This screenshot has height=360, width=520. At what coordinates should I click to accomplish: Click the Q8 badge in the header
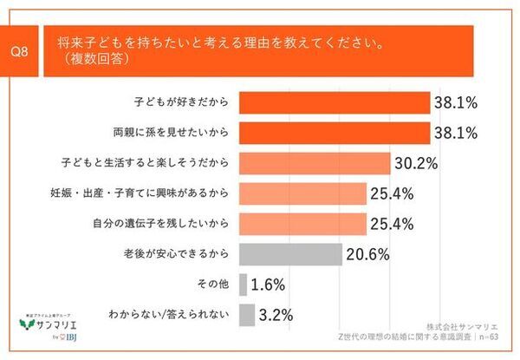coord(25,50)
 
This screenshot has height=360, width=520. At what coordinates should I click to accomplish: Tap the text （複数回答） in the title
coord(98,59)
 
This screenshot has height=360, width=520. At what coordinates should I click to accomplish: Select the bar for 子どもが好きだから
coord(333,102)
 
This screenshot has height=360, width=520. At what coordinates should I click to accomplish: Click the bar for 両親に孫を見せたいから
coord(333,133)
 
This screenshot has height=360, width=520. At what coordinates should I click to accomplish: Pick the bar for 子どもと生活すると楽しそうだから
coord(312,163)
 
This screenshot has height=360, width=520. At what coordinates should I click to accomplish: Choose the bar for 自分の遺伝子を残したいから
coord(299,224)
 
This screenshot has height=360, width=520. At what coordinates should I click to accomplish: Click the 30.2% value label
coord(415,163)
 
